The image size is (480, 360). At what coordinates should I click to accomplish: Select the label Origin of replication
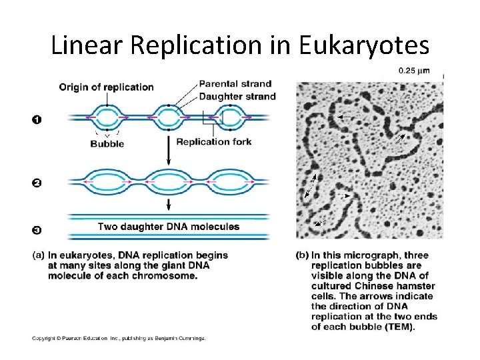(107, 87)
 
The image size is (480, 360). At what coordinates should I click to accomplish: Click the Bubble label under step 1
(107, 143)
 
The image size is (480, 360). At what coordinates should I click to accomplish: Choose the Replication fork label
(214, 141)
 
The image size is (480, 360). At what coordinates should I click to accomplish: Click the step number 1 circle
(37, 119)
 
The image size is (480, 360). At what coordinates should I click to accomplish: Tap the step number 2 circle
(37, 183)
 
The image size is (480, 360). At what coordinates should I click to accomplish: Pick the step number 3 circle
(37, 230)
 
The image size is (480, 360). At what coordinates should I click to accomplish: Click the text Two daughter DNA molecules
(169, 227)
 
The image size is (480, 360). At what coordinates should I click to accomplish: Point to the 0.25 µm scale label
(413, 71)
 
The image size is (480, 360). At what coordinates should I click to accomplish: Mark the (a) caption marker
(39, 255)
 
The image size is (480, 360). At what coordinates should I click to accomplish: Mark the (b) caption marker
(302, 255)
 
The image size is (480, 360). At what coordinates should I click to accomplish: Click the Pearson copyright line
(119, 338)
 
